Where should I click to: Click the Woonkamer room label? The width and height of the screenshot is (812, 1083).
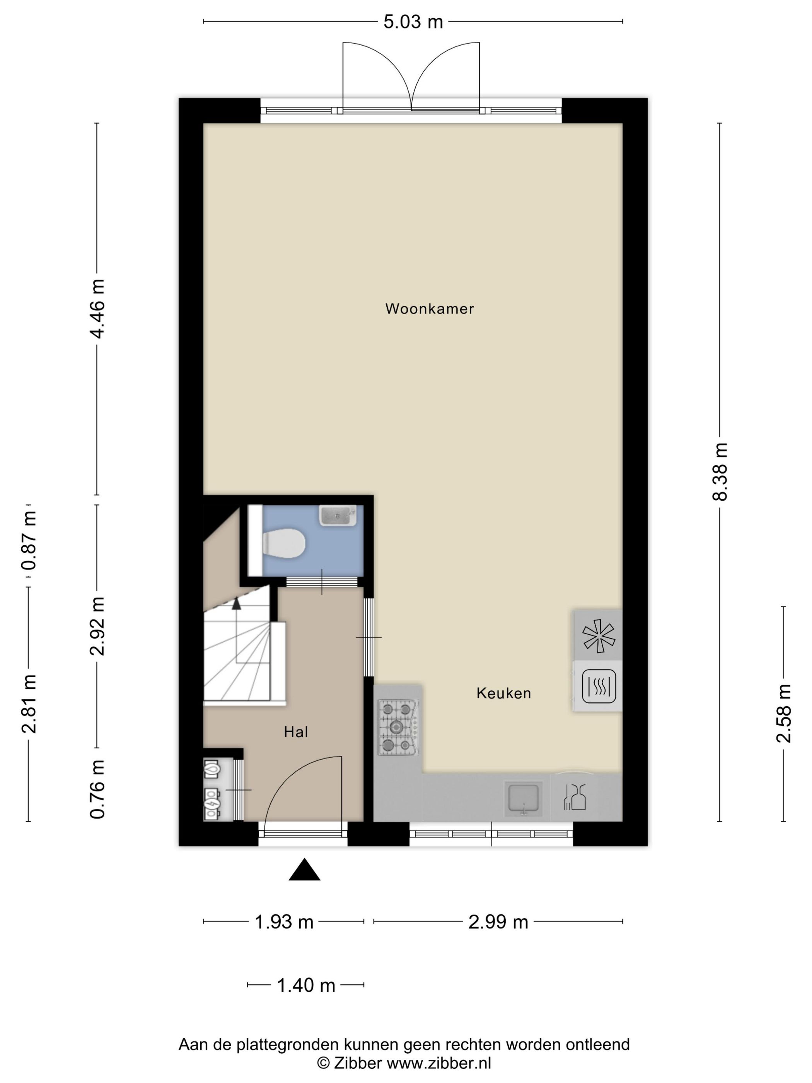(x=429, y=309)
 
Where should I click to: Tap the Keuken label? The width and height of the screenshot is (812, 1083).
(x=504, y=693)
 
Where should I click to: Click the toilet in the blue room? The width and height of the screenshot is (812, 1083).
(x=284, y=543)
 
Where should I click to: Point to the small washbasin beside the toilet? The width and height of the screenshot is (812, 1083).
(x=338, y=516)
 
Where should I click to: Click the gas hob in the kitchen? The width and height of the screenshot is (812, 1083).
(x=397, y=728)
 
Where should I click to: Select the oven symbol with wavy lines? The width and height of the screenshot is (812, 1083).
(x=599, y=686)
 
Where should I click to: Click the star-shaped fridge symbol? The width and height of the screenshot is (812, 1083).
(x=598, y=636)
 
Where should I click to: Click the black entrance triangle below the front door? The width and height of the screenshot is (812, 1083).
(x=304, y=869)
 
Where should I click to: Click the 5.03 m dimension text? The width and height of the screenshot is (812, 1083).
(x=413, y=22)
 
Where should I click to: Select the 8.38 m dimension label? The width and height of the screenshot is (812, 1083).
(x=720, y=471)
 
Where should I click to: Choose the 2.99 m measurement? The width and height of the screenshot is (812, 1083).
(x=498, y=922)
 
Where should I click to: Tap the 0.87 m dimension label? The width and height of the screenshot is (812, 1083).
(x=29, y=540)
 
